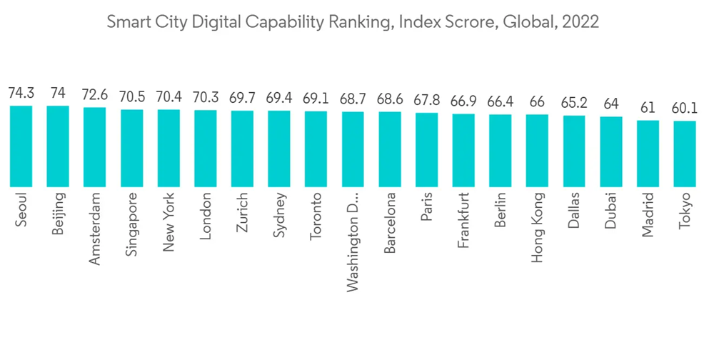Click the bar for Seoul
coord(21,146)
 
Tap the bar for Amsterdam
coord(95,147)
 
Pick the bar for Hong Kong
coord(538,151)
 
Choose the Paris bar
coord(427,149)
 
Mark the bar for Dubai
coord(611,151)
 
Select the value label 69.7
coord(243,99)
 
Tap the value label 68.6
coord(390,101)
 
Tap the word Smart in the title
coord(124,22)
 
